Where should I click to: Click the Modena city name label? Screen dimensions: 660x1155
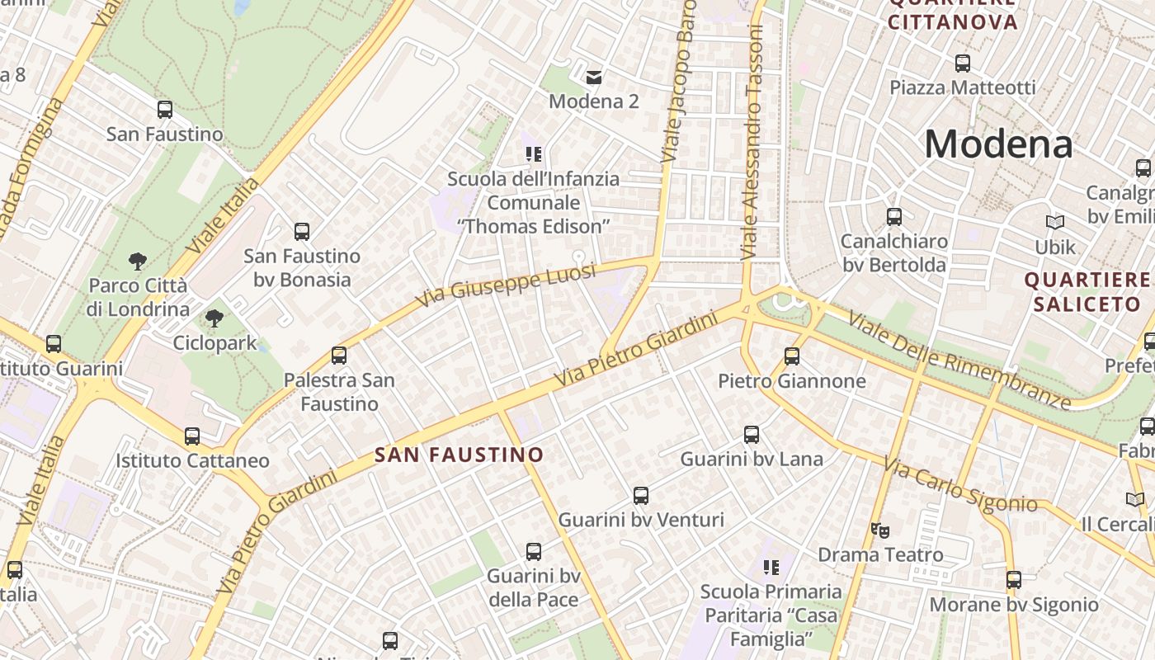coord(997,144)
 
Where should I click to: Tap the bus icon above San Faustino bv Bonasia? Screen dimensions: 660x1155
coord(302,232)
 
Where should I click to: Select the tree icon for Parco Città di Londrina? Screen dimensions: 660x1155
coord(138,262)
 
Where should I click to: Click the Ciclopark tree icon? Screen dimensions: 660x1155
coord(214,318)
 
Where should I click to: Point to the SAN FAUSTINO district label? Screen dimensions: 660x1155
coord(459,455)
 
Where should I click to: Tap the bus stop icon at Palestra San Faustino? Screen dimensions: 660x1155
coord(338,356)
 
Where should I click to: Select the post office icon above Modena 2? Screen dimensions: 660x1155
coord(593,78)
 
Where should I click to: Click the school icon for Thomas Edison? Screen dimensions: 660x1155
coord(533,153)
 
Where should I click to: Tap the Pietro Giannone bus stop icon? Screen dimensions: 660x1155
coord(792,356)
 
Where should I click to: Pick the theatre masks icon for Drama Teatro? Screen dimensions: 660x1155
coord(880,530)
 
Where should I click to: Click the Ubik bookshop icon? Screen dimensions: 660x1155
coord(1055,223)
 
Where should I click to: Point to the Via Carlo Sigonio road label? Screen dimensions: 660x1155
coord(960,487)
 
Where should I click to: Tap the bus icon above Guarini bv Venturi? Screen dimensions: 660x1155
coord(641,496)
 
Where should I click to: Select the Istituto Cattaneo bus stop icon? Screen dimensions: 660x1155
coord(192,436)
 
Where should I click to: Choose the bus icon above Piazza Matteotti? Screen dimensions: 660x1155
coord(962,63)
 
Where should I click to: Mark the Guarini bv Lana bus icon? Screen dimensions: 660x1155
coord(752,435)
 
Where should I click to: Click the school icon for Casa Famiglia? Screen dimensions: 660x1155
coord(771,567)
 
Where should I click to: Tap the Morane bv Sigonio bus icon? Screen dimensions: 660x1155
coord(1014,580)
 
